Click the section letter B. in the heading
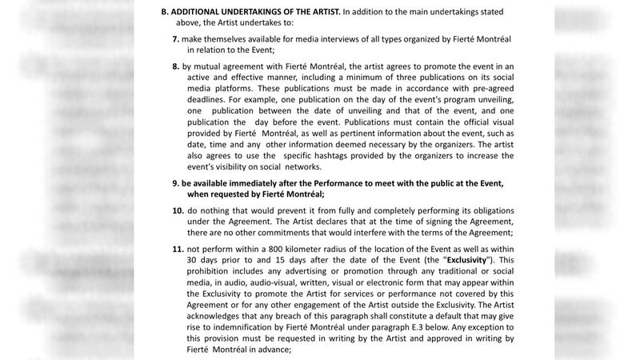(166, 11)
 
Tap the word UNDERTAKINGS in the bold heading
(251, 11)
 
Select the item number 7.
(175, 39)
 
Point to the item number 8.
(175, 66)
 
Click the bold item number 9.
(175, 182)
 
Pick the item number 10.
(178, 210)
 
